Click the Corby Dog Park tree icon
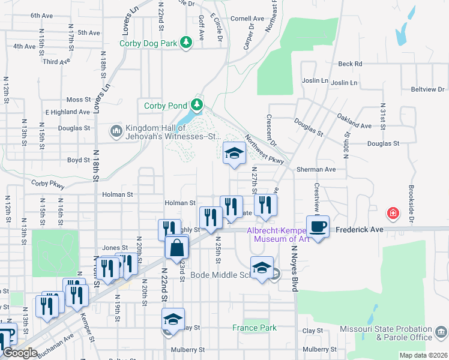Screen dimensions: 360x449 tap(187, 41)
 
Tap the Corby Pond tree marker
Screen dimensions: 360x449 tap(196, 105)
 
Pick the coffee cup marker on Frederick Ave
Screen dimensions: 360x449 tap(318, 226)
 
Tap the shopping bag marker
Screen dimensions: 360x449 tap(177, 248)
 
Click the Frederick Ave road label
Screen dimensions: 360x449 tap(367, 229)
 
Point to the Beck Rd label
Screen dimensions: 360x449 tap(350, 64)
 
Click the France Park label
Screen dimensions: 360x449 tap(255, 328)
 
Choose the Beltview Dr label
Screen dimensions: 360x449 tap(429, 89)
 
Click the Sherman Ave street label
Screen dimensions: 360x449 tap(316, 170)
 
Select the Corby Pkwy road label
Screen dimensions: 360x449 tap(47, 182)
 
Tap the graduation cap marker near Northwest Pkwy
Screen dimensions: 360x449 tap(234, 153)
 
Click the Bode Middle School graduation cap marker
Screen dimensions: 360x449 tap(262, 268)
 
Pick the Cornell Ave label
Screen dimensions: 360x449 tap(247, 19)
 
